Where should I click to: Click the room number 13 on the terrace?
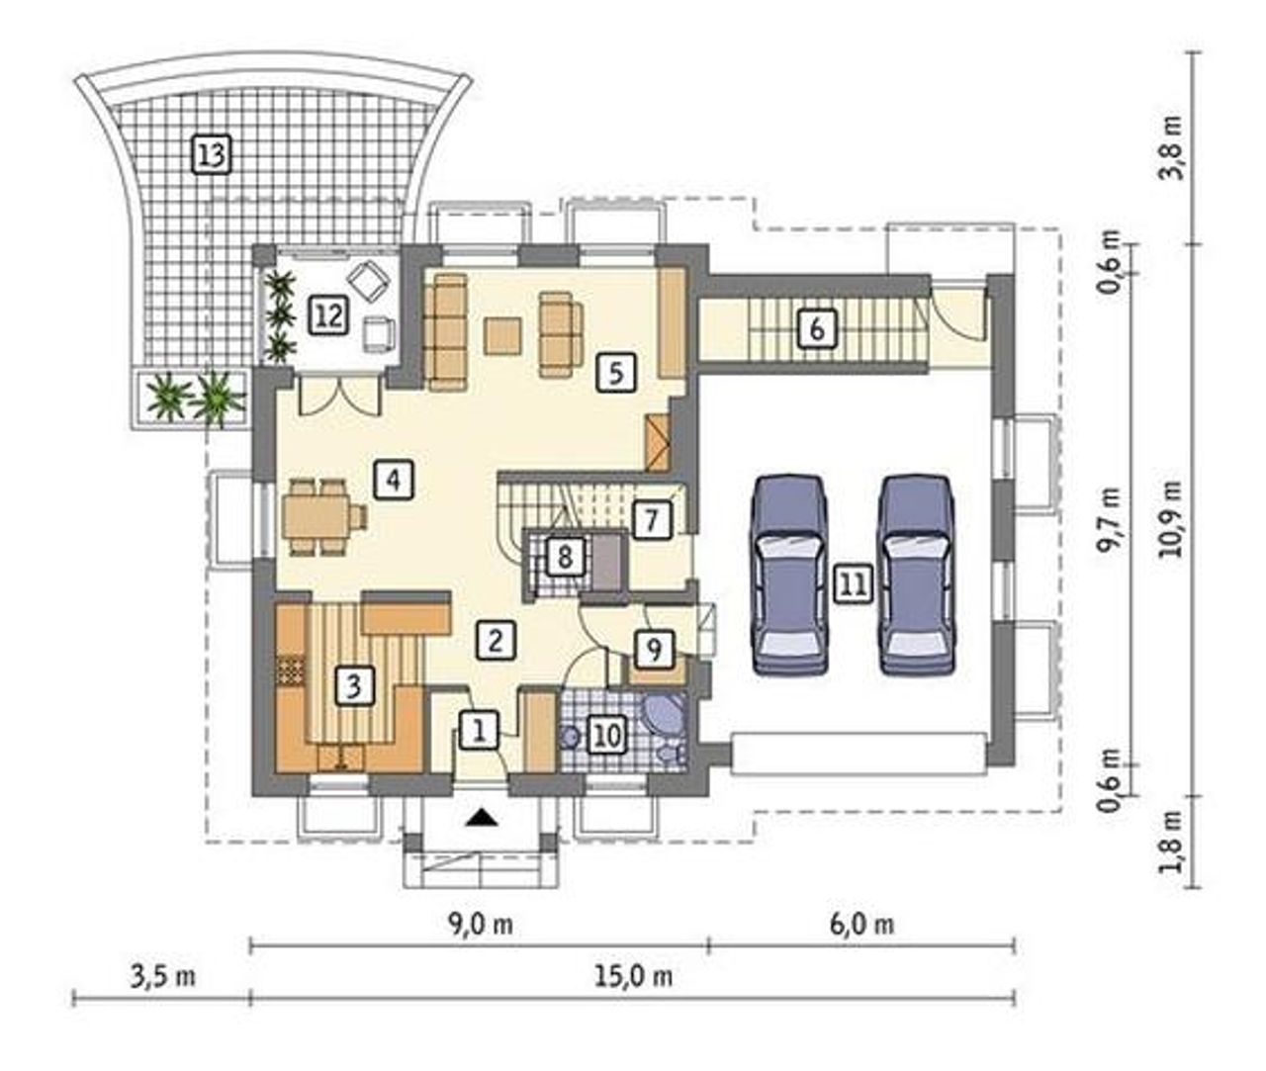pyautogui.click(x=212, y=155)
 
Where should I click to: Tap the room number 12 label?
pyautogui.click(x=328, y=315)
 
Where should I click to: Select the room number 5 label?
pyautogui.click(x=615, y=373)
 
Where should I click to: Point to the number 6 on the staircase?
pyautogui.click(x=816, y=329)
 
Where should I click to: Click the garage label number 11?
pyautogui.click(x=854, y=583)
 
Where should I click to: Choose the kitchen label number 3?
pyautogui.click(x=353, y=685)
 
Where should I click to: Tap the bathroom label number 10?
pyautogui.click(x=607, y=736)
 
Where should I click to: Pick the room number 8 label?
pyautogui.click(x=564, y=557)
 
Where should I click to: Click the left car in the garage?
pyautogui.click(x=789, y=576)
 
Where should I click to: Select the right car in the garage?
pyautogui.click(x=917, y=576)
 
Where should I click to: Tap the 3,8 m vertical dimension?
pyautogui.click(x=1172, y=156)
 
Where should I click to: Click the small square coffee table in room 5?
pyautogui.click(x=502, y=335)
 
